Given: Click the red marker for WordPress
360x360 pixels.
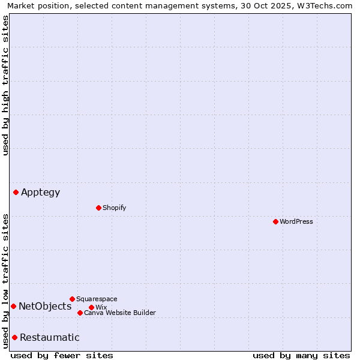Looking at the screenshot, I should point(275,221).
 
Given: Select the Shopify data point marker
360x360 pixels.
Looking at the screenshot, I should point(98,208).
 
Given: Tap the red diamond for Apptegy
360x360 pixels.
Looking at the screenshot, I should point(16,192).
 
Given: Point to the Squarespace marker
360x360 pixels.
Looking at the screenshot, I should point(72,299).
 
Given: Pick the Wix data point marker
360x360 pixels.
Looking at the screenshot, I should point(91,307).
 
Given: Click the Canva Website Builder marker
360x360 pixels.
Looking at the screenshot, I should point(80,313).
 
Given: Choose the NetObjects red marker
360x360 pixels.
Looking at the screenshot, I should point(13,306).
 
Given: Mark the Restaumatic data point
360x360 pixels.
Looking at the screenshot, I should point(14,337).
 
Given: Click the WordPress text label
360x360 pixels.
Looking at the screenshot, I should point(296,221).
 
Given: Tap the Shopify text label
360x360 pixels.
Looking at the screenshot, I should point(114,208).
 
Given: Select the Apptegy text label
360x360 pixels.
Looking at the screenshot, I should point(40,192).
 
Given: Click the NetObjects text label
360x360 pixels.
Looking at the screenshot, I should point(45,306).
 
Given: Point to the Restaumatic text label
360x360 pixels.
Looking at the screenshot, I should point(49,337).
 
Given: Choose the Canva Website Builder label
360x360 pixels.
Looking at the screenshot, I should point(119,313).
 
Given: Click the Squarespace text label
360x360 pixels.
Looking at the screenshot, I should point(97,299).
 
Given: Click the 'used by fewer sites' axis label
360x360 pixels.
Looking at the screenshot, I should point(62,355).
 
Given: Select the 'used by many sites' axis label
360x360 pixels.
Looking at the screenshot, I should point(301,355).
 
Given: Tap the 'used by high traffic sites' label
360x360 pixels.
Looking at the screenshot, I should point(5,85).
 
